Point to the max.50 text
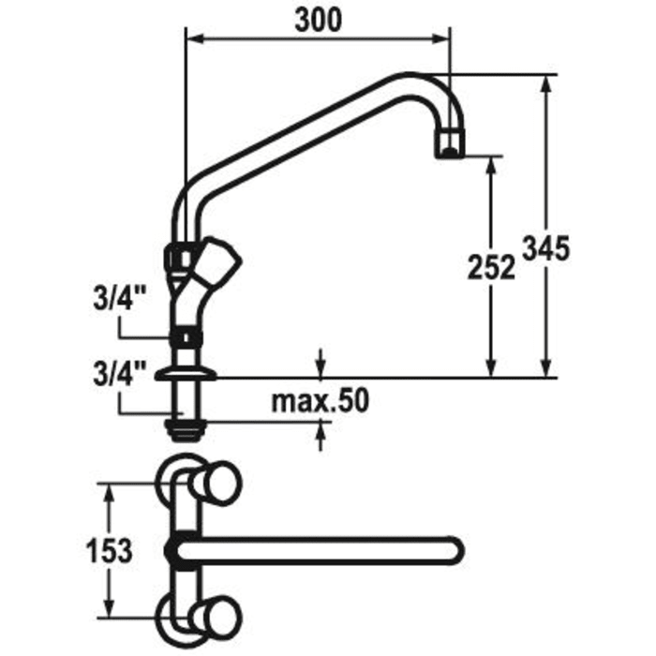point(321,400)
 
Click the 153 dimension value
point(111,551)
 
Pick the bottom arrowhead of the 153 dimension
point(112,613)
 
